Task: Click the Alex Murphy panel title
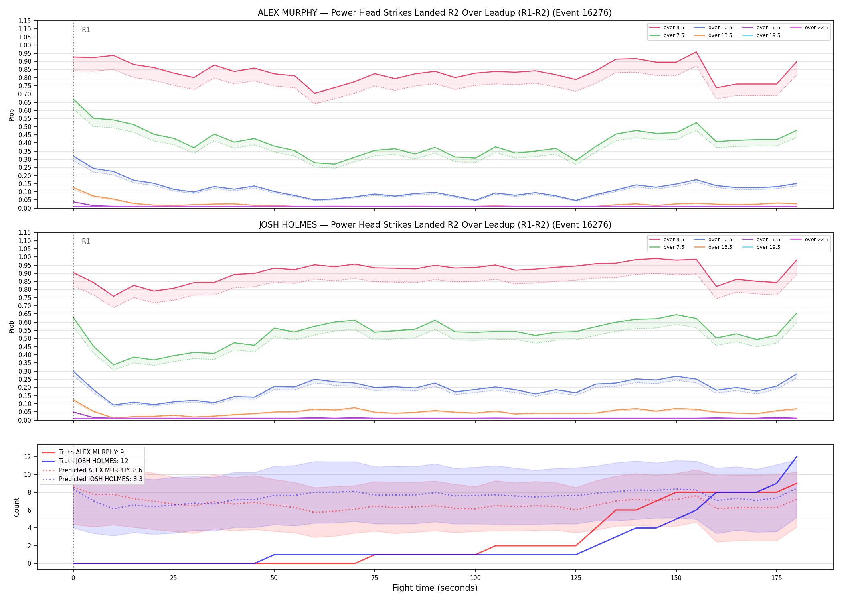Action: point(435,13)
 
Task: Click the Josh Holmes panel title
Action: point(435,225)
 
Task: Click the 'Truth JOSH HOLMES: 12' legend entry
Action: point(93,461)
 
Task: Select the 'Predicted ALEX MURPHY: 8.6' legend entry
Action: point(100,470)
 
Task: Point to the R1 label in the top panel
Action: point(86,30)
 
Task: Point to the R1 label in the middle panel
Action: point(86,241)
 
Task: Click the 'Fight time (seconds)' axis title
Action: point(435,588)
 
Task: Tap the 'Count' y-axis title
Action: point(16,507)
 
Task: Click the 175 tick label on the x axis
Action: point(777,578)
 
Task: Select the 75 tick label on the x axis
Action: point(374,578)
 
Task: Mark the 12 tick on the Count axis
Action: point(28,457)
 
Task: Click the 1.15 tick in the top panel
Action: point(25,21)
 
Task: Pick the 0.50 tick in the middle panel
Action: point(25,338)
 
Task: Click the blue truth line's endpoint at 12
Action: point(797,457)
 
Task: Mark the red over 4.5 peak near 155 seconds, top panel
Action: point(696,52)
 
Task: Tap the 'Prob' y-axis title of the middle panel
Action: point(12,327)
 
